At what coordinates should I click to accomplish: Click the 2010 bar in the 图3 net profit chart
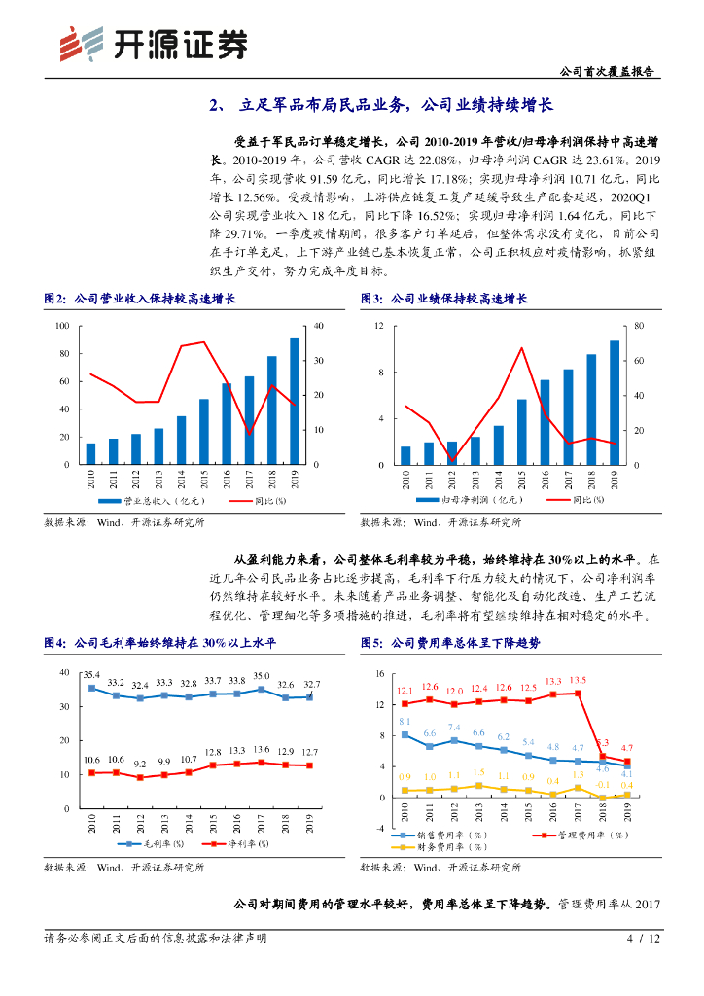click(405, 455)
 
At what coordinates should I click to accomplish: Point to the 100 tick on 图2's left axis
click(62, 326)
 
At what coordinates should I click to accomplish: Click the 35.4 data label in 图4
click(91, 674)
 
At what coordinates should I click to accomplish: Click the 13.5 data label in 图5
click(577, 681)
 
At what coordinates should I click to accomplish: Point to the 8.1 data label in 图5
click(405, 722)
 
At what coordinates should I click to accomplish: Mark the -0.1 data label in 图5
click(601, 785)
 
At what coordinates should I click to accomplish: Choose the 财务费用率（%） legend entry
click(440, 846)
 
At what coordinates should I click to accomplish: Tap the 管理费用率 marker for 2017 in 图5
click(578, 694)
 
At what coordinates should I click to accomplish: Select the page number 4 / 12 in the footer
click(643, 939)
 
